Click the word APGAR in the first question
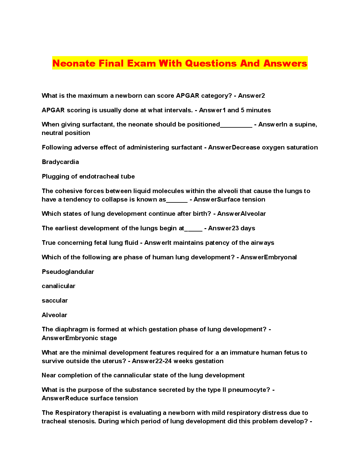(x=188, y=96)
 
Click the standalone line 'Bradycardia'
(x=60, y=162)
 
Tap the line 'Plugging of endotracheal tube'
(x=88, y=176)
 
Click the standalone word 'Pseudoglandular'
(x=68, y=272)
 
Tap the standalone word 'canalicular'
(x=58, y=286)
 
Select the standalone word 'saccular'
(x=54, y=300)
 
